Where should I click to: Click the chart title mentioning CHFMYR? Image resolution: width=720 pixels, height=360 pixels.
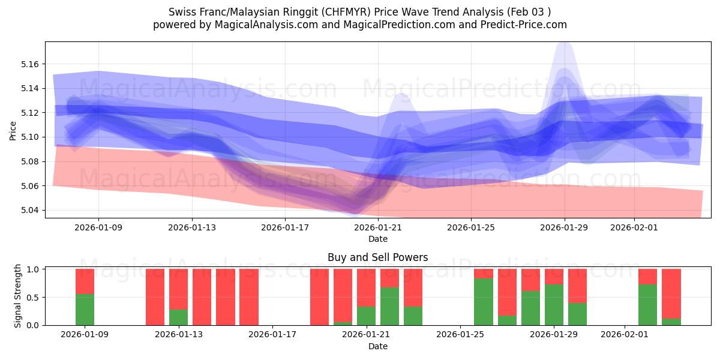pos(360,11)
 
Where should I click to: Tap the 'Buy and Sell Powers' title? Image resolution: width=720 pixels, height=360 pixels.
pos(377,257)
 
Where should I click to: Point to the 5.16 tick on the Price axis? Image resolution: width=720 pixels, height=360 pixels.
pos(29,64)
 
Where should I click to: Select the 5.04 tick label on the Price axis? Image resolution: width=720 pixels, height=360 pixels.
pos(29,211)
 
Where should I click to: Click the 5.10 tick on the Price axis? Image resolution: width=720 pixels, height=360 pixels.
pos(29,137)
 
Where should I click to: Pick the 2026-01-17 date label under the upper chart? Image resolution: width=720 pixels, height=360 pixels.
pos(285,227)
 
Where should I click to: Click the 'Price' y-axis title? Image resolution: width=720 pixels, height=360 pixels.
pos(13,130)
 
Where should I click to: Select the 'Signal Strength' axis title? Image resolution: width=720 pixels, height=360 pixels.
pos(18,296)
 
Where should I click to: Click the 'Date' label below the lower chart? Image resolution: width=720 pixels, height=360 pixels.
pos(377,346)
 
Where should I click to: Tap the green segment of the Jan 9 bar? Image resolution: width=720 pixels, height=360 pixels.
pos(85,310)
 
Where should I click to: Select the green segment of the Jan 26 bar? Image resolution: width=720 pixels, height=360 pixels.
pos(484,302)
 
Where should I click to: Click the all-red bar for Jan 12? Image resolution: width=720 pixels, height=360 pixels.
pos(155,297)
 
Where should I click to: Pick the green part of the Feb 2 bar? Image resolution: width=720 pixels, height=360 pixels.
pos(647,305)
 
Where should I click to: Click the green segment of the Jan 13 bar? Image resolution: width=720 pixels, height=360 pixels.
pos(178,317)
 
